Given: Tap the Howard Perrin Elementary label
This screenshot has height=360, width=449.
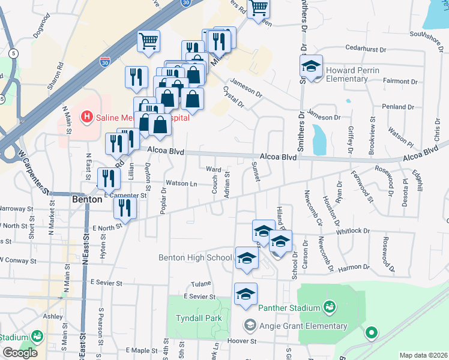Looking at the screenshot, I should coord(354,74).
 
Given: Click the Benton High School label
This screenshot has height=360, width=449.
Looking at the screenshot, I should coord(195,258).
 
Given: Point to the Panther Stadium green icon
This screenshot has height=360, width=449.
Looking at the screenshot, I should coord(328,308).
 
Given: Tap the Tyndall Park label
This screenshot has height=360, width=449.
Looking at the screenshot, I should coord(199,318).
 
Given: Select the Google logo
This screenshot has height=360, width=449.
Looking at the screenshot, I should coord(20,353).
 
